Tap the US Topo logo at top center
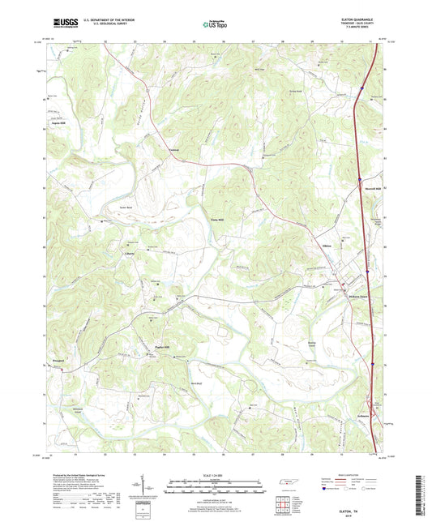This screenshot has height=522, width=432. (x=215, y=24)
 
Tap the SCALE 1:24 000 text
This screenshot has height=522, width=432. (x=216, y=475)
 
